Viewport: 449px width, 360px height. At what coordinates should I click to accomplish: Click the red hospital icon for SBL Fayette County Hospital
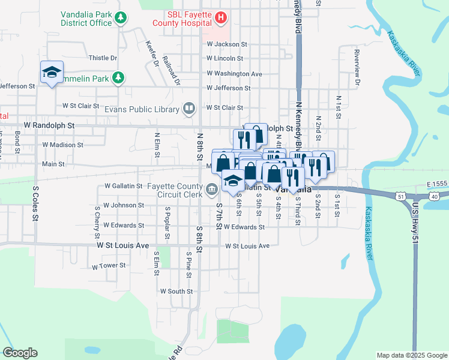220,18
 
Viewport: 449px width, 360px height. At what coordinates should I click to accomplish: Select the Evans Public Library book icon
189,109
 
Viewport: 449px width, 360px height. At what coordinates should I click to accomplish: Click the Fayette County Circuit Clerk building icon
211,190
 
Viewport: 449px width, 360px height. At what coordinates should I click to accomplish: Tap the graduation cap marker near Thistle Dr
52,73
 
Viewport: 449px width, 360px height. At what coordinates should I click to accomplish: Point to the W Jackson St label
227,44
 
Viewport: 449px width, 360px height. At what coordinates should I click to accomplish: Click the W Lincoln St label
224,59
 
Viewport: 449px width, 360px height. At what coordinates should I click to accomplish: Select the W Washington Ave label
234,74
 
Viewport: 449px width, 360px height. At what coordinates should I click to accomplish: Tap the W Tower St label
109,265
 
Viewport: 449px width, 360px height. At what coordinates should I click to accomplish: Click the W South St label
176,291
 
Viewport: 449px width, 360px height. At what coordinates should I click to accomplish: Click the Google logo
20,353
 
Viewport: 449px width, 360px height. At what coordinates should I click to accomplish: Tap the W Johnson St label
123,205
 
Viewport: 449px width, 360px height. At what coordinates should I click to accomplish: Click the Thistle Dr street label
103,58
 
